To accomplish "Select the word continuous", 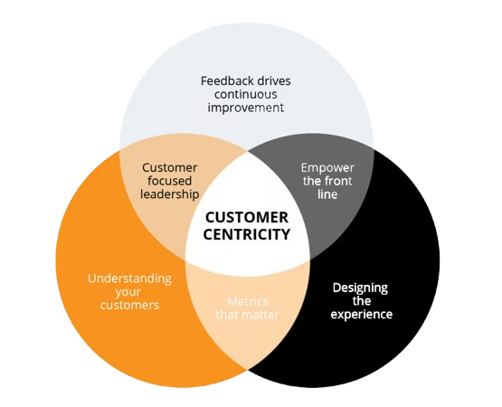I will click(246, 94).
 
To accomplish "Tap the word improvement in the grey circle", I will click(246, 107).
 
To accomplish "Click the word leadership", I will click(170, 194).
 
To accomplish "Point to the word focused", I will click(170, 181).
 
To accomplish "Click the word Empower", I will click(327, 167).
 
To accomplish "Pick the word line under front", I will click(327, 194).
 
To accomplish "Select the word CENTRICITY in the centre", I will click(247, 233).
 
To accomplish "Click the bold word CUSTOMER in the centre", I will click(247, 217).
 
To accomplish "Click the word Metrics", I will click(247, 301).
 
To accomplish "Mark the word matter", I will click(262, 315).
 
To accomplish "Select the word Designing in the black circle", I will click(360, 288).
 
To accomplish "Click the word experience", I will click(361, 314).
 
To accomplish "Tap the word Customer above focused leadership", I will click(170, 167).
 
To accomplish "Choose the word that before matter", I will click(231, 315).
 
